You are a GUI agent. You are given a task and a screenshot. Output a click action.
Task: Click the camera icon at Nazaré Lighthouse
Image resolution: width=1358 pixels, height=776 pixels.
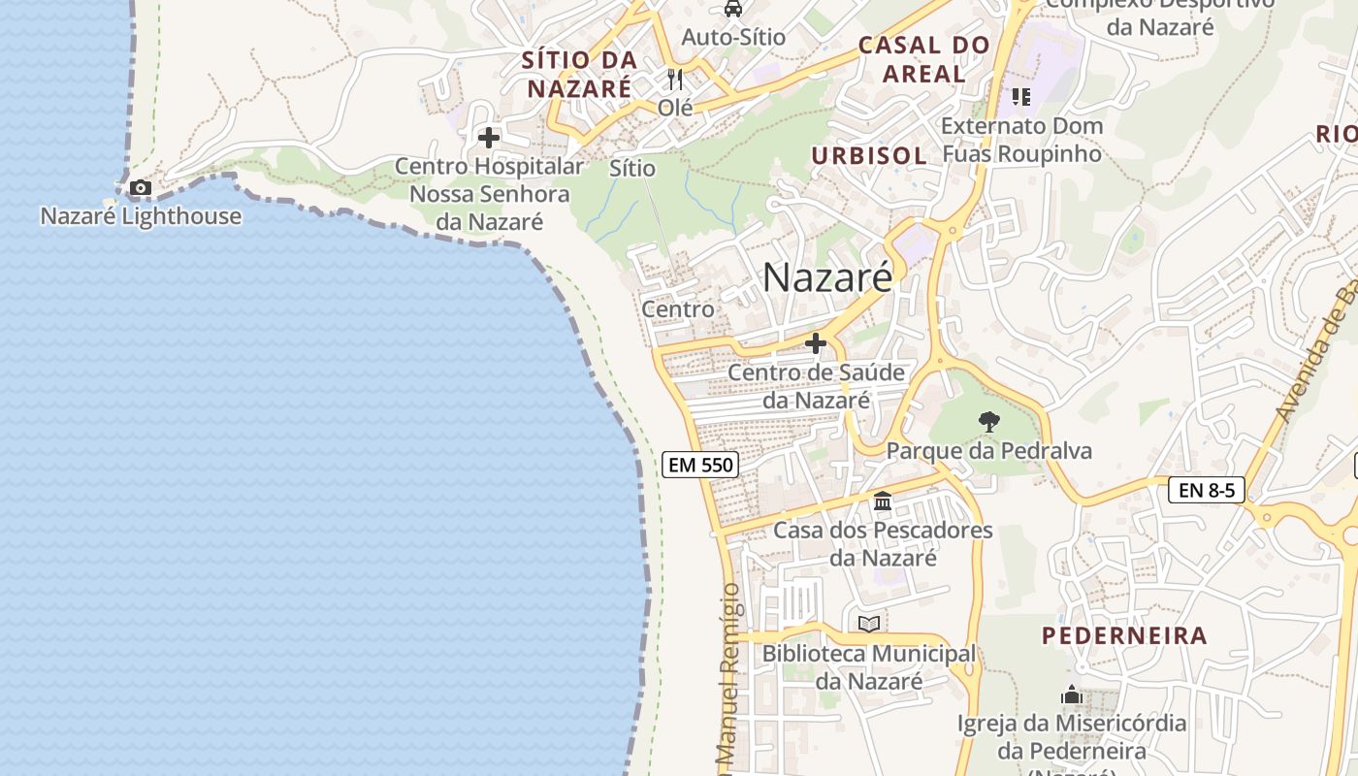pos(141,187)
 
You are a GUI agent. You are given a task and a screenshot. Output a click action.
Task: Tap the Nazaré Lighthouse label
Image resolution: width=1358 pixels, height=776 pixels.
pos(141,215)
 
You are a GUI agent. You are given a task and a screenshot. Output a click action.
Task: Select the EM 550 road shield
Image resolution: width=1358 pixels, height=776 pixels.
pos(701,465)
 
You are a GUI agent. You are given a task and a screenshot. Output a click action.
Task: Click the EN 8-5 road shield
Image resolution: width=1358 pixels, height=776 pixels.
pos(1207,490)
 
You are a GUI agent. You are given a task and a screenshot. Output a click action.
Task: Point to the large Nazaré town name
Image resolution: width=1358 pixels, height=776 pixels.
pos(826,277)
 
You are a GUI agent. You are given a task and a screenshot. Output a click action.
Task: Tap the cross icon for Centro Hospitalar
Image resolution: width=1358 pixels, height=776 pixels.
pos(489,138)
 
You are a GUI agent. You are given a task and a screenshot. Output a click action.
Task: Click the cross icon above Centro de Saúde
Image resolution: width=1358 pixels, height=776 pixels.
pos(816,343)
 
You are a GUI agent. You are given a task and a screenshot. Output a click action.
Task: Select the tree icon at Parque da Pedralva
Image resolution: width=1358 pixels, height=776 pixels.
pos(988,421)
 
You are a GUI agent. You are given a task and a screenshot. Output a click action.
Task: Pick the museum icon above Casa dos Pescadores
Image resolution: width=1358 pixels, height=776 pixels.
pos(883,501)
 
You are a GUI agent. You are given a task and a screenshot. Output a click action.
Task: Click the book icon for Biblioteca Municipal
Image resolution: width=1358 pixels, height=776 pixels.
pos(869,624)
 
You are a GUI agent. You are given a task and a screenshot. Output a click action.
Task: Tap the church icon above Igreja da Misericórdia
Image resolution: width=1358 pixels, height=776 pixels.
pos(1072,695)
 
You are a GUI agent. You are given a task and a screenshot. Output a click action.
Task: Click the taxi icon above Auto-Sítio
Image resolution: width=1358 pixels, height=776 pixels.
pos(733,9)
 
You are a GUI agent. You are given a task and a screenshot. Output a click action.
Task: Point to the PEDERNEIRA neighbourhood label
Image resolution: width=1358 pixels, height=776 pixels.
pos(1124,636)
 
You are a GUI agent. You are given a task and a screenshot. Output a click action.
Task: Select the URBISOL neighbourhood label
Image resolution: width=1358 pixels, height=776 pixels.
pos(869,155)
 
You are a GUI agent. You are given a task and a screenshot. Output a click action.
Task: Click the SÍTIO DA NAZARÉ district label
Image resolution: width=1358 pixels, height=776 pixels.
pos(579,74)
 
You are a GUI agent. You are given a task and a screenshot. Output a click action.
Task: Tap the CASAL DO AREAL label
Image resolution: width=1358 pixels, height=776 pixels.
pos(923,59)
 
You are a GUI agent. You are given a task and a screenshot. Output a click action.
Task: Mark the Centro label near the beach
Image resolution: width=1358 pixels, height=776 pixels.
pos(678,309)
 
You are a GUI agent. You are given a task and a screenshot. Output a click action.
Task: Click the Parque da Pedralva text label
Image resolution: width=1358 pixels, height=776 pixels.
pos(988,451)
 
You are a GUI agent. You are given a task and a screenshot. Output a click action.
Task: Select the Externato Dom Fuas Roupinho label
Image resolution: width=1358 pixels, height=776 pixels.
pos(1021,140)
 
